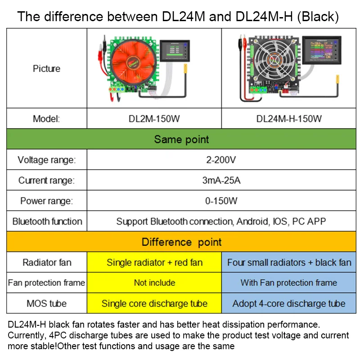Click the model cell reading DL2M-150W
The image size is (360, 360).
[154, 119]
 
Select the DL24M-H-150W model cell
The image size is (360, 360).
[289, 119]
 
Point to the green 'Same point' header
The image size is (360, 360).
[181, 139]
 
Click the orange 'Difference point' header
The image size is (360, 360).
[181, 242]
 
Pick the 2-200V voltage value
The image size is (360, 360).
[221, 160]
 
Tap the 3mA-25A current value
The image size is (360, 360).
[221, 180]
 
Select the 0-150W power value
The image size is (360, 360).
[221, 201]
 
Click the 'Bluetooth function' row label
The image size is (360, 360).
[47, 221]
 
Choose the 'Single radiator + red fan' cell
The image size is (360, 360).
[154, 262]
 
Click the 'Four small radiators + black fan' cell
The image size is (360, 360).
[289, 262]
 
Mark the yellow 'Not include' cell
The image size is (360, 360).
[154, 283]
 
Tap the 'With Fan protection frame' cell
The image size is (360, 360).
[289, 283]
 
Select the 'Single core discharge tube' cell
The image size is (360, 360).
[154, 303]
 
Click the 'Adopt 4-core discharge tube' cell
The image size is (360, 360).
[289, 303]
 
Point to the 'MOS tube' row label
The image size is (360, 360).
[47, 303]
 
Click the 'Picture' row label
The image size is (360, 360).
[46, 69]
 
